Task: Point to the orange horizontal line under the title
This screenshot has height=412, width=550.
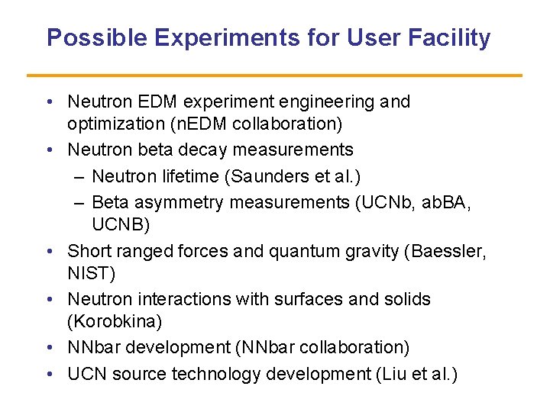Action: click(x=274, y=76)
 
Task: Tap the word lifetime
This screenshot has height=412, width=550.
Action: click(x=187, y=176)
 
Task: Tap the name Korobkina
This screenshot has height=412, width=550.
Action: click(x=111, y=320)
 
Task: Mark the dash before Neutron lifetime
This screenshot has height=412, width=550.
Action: click(x=80, y=176)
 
